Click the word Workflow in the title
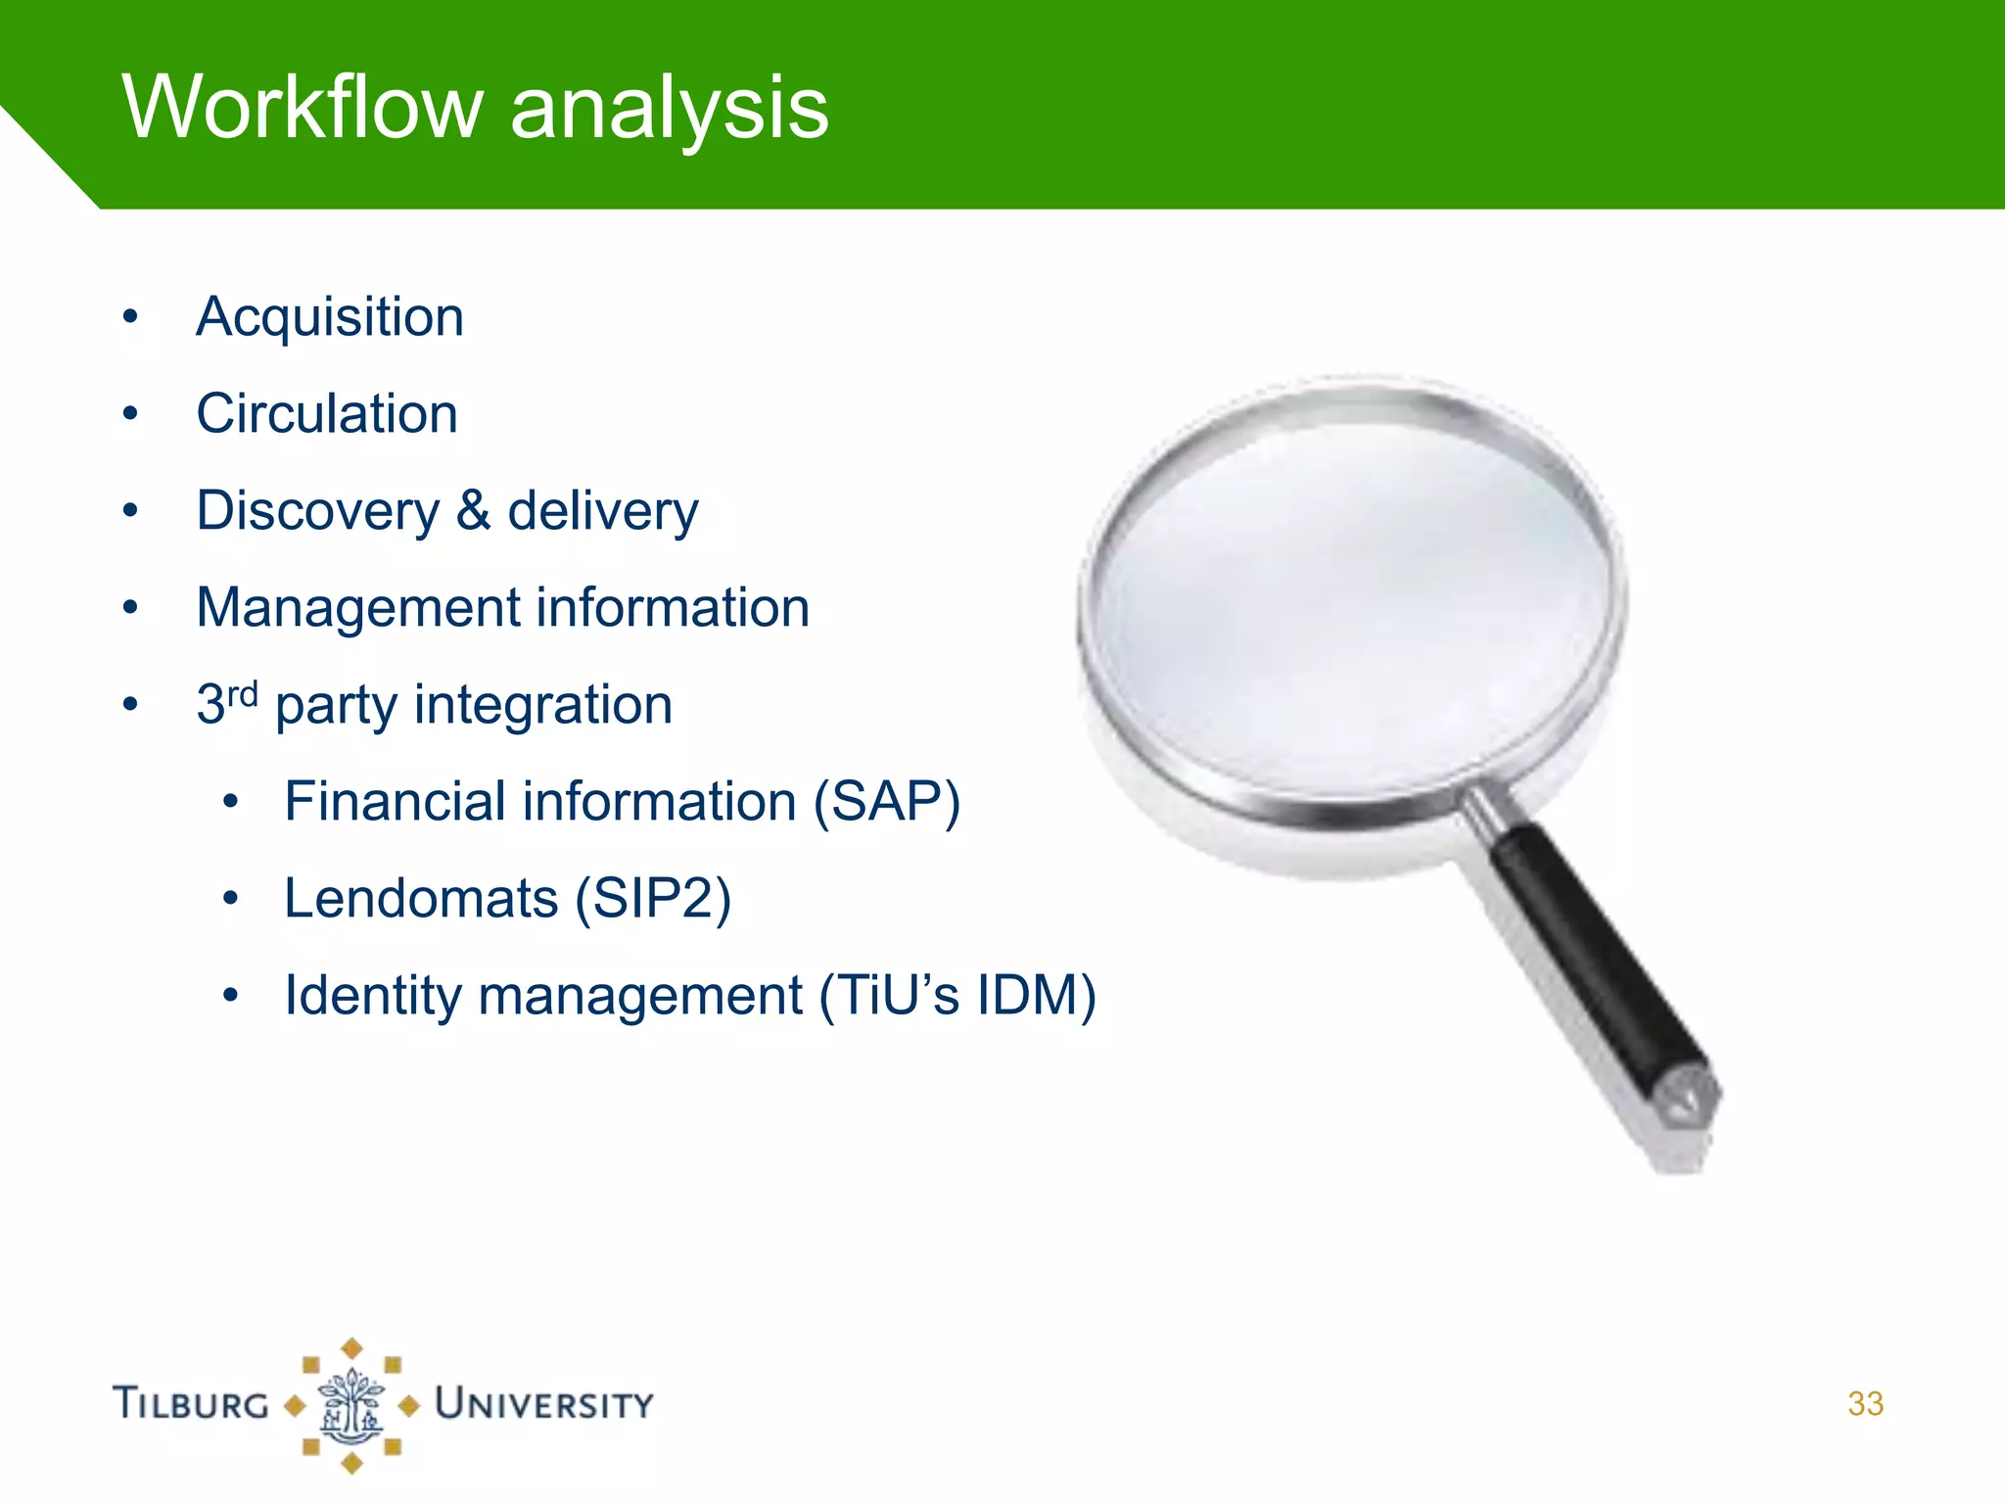[302, 108]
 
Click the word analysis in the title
[669, 108]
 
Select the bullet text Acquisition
[330, 318]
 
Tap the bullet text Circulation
[327, 414]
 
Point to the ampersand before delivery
[473, 510]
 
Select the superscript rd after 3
[243, 693]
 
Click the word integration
[543, 705]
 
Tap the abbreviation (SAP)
[887, 803]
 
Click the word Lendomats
[421, 899]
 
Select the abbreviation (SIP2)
[653, 899]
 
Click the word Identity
[372, 996]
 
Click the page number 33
[1865, 1404]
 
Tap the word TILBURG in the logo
[191, 1404]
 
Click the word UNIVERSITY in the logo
[544, 1404]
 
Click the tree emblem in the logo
[351, 1406]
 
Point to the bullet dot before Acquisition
[130, 317]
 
